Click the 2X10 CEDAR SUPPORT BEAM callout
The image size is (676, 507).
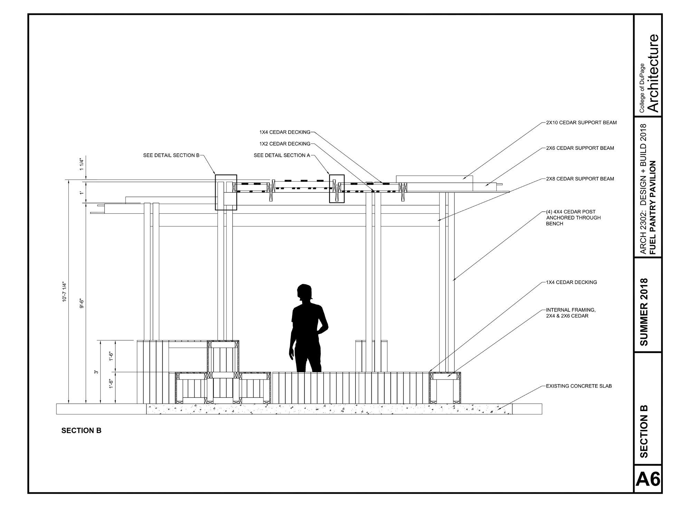point(581,123)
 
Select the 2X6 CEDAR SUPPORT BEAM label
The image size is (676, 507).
point(580,148)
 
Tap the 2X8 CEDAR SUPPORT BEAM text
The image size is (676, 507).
point(580,179)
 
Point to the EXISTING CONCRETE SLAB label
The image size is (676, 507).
point(579,386)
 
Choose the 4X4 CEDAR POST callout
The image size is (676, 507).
point(573,218)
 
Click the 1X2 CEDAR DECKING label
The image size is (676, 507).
point(285,144)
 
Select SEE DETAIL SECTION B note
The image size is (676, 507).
point(171,155)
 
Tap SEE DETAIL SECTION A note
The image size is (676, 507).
point(282,155)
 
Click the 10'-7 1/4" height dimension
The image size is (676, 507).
point(64,292)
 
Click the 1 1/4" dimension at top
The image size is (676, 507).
point(82,164)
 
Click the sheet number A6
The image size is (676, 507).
point(648,479)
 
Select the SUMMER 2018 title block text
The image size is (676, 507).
point(644,312)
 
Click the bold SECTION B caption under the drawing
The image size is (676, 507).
point(81,431)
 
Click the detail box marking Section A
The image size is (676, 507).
point(337,189)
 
